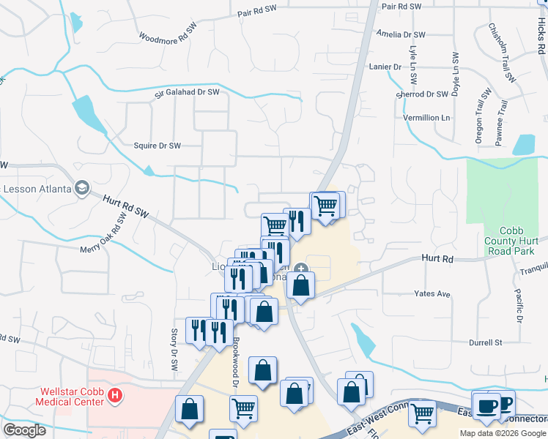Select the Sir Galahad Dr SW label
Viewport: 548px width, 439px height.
click(x=187, y=93)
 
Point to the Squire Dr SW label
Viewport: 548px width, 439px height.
click(x=157, y=146)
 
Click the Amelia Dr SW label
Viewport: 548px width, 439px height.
click(x=400, y=34)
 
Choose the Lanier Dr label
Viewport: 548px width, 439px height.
click(x=388, y=67)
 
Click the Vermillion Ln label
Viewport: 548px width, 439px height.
click(x=426, y=118)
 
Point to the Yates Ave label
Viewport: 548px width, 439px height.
click(x=432, y=294)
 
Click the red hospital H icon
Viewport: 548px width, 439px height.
click(x=114, y=396)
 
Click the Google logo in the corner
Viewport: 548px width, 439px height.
click(x=24, y=430)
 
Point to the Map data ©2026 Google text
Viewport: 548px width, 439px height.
click(x=503, y=433)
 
